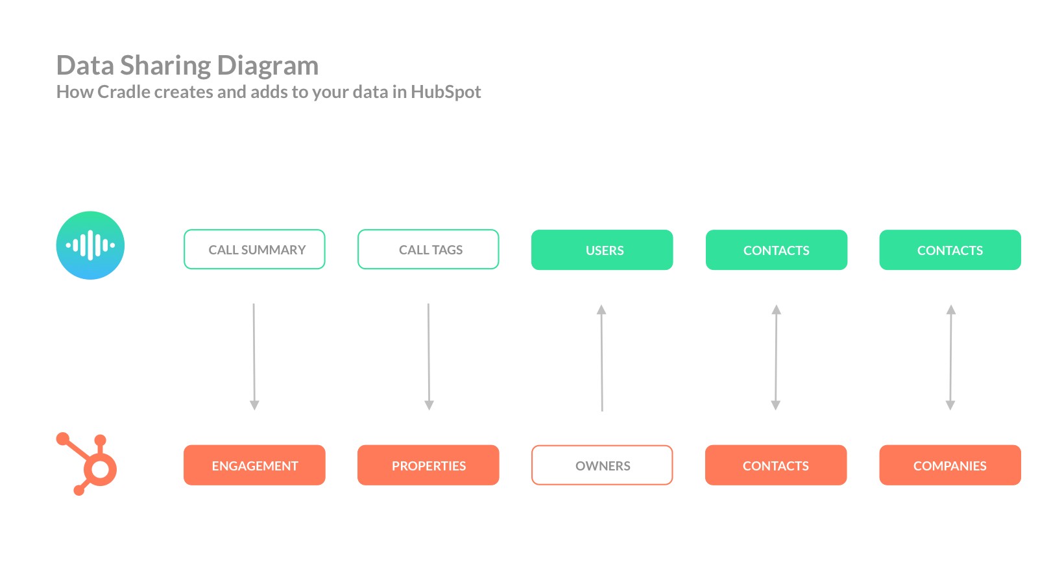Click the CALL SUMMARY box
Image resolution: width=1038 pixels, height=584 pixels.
pos(254,249)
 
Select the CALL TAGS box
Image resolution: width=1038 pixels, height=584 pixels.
pos(428,249)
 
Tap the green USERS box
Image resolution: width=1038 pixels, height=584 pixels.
pos(602,250)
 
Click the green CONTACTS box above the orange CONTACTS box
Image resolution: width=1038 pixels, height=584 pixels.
pos(776,250)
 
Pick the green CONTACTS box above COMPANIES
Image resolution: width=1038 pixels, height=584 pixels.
pos(950,250)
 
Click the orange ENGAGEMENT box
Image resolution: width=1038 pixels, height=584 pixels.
pos(254,465)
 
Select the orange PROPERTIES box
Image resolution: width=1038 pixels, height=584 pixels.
pos(428,465)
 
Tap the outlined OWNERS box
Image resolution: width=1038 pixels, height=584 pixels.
pos(602,465)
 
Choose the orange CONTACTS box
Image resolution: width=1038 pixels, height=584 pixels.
pos(775,465)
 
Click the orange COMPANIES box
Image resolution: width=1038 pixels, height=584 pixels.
pos(950,465)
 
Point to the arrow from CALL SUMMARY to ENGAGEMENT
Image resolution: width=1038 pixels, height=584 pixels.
pos(254,357)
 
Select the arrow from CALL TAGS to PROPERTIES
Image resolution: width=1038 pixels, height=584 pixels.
pos(428,357)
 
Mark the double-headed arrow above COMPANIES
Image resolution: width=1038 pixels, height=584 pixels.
pos(950,357)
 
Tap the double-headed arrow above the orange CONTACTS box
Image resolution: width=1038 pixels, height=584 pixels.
pos(776,357)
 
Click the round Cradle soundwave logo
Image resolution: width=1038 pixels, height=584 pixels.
pos(90,245)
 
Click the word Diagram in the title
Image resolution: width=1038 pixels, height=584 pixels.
pos(267,66)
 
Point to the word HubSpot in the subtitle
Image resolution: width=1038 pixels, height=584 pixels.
pos(446,92)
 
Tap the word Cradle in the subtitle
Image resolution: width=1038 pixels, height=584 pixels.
pos(124,92)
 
